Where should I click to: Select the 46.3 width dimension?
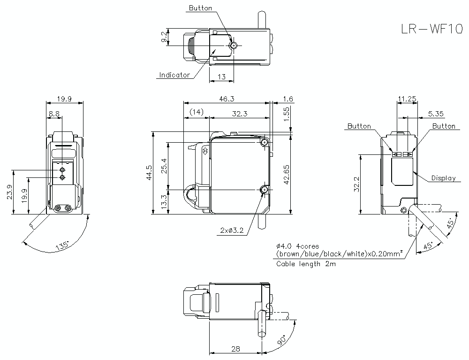[x=227, y=99]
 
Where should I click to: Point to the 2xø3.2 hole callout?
[x=232, y=230]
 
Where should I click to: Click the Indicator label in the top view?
[x=174, y=75]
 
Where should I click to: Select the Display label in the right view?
[x=443, y=178]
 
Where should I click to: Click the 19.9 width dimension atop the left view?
[x=64, y=99]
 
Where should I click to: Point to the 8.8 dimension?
[x=53, y=114]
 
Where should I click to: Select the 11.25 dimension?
[x=407, y=99]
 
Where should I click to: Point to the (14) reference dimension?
[x=196, y=112]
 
